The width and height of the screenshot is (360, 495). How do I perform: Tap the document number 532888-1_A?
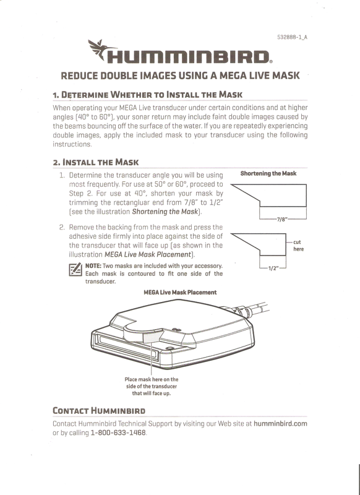[x=292, y=37]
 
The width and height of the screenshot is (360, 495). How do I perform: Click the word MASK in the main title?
[x=286, y=75]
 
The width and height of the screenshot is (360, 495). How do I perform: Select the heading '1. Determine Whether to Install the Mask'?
[x=148, y=95]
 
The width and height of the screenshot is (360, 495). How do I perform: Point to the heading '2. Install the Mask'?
[x=96, y=162]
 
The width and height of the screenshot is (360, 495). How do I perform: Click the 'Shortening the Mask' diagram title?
[x=268, y=173]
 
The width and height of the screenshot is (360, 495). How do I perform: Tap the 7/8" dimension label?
[x=281, y=219]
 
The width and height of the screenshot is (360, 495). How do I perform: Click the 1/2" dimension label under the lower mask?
[x=273, y=269]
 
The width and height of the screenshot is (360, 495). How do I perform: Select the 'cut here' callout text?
[x=299, y=246]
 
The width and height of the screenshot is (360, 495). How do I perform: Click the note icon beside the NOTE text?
[x=75, y=269]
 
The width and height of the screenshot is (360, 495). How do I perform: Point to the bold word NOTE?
[x=93, y=266]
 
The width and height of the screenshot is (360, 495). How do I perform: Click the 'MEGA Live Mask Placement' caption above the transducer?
[x=180, y=292]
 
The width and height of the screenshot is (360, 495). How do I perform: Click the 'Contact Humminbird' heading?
[x=99, y=411]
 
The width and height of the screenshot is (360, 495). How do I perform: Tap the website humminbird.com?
[x=280, y=423]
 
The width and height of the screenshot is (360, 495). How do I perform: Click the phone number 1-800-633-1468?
[x=118, y=433]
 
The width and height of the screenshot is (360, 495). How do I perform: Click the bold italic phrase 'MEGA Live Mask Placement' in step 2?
[x=148, y=254]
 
